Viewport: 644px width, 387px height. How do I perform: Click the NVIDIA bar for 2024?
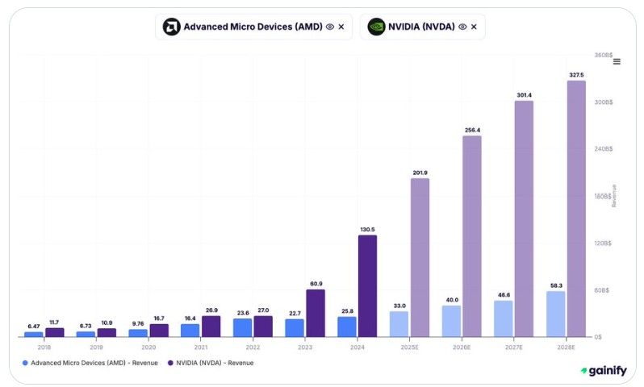(367, 285)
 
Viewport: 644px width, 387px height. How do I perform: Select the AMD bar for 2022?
(242, 327)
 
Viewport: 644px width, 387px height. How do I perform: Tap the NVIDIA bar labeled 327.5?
(576, 209)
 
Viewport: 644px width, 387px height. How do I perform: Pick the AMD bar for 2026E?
(451, 321)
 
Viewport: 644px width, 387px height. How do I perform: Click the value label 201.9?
(420, 173)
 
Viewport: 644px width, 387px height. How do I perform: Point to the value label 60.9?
(316, 284)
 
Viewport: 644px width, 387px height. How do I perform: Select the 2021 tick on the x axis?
(200, 347)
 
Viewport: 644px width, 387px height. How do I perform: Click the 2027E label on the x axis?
(513, 347)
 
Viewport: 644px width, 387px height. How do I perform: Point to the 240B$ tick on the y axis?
(603, 149)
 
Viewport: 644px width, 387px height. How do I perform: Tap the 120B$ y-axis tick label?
(603, 243)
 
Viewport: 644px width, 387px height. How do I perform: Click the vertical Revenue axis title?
(613, 195)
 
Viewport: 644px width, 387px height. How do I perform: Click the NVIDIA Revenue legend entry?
(211, 363)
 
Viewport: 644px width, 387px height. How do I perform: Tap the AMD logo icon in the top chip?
(171, 27)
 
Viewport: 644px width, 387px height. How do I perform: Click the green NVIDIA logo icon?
(376, 27)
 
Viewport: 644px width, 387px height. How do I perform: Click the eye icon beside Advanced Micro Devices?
(329, 27)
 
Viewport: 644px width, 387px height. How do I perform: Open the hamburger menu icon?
(617, 61)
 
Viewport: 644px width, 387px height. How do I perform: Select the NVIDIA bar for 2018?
(55, 332)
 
